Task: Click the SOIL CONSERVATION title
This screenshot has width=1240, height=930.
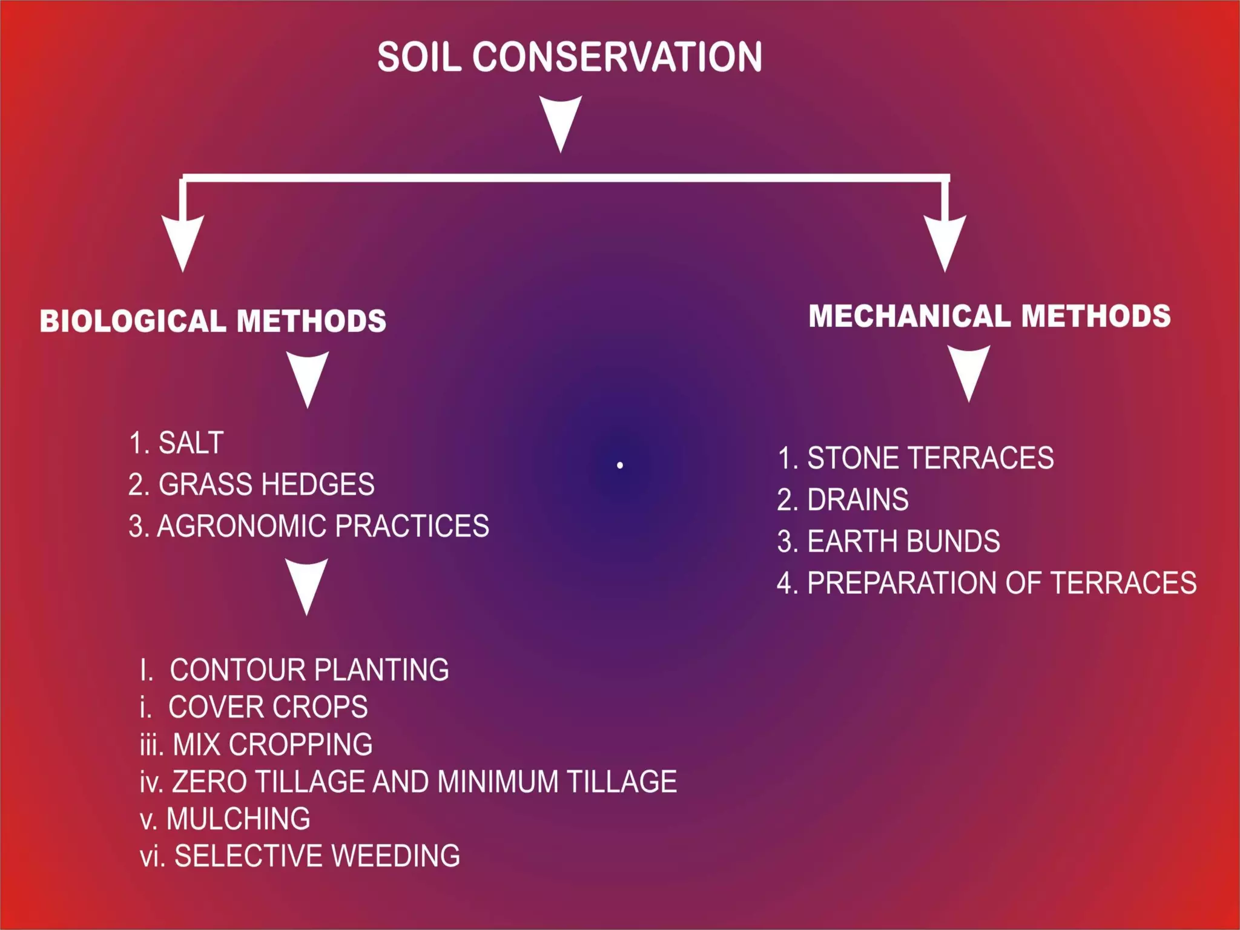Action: [x=569, y=57]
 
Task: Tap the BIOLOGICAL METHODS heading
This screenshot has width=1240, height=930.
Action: [x=213, y=321]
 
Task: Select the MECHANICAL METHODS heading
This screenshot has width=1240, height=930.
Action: [x=989, y=316]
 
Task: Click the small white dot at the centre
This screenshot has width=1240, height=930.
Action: [x=620, y=465]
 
